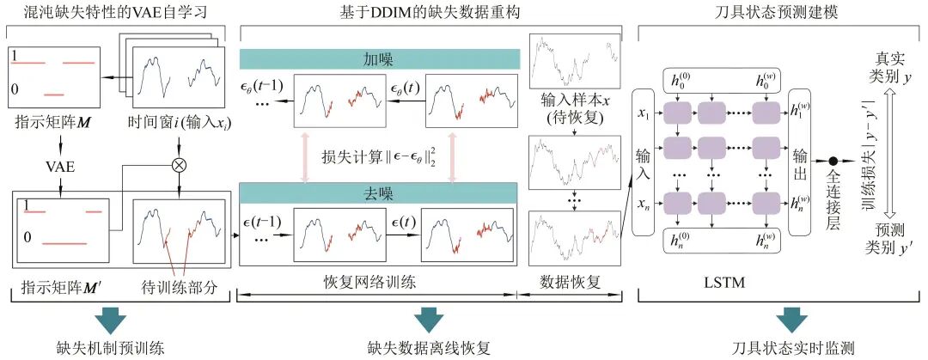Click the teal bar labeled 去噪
[x=379, y=194]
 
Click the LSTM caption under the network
[x=720, y=281]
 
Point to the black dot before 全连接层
[x=833, y=161]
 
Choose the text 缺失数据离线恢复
[x=426, y=348]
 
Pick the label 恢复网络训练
[x=378, y=281]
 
